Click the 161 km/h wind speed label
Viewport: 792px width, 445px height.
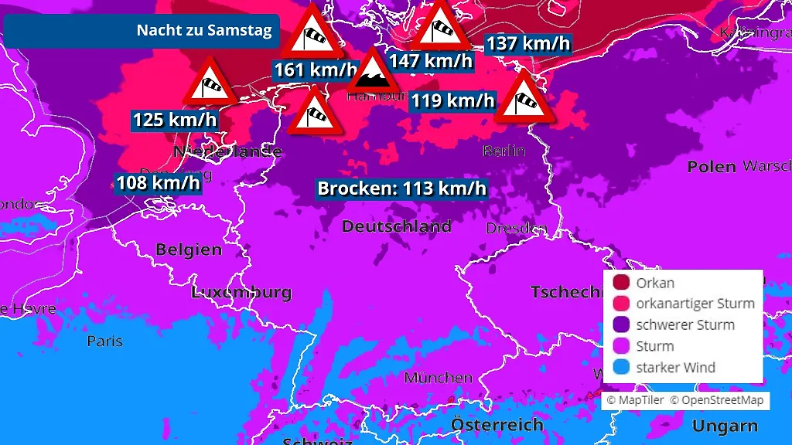(317, 70)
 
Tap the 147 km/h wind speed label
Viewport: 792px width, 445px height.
(430, 61)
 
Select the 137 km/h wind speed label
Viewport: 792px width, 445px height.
(527, 43)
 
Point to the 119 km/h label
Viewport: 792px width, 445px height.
(452, 100)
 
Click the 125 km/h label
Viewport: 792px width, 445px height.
(175, 120)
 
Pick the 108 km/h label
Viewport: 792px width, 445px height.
(158, 183)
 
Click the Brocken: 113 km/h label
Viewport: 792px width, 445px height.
(402, 189)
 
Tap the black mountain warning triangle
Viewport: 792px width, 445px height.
(373, 73)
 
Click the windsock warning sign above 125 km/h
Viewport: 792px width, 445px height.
(209, 83)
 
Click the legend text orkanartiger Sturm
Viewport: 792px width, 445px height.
(695, 304)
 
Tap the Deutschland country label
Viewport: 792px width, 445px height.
(396, 226)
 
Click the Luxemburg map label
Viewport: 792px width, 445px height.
(241, 293)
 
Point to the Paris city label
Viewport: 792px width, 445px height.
(105, 341)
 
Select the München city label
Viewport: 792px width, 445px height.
(438, 378)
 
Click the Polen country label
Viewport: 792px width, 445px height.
(712, 166)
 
